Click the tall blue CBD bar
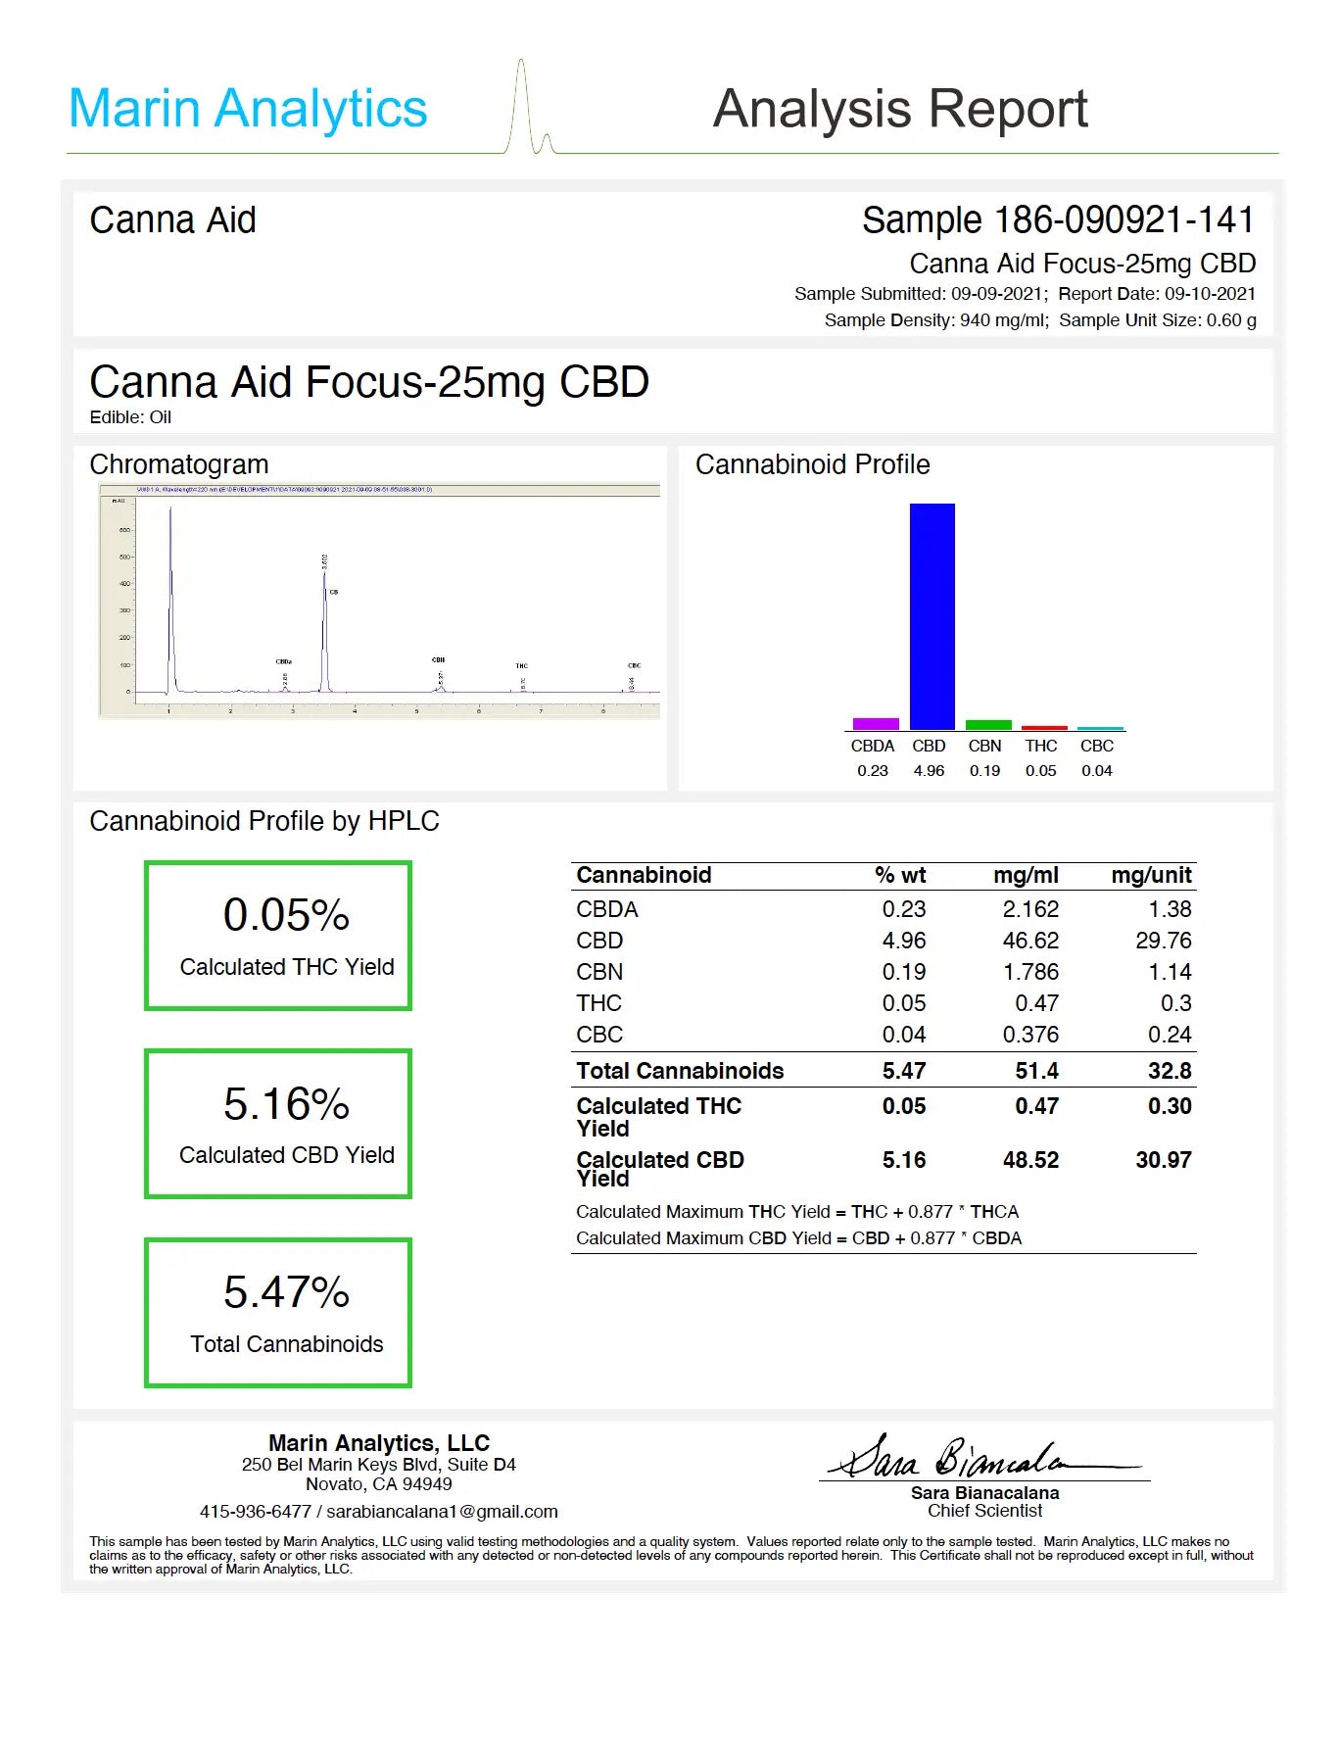click(x=932, y=616)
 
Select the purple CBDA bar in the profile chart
click(x=875, y=724)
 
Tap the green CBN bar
click(x=988, y=725)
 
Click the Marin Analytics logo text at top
click(x=248, y=109)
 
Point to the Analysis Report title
click(x=899, y=109)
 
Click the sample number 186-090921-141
click(x=1123, y=220)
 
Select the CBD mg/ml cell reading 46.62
click(x=1029, y=941)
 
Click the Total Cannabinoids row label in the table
click(x=680, y=1071)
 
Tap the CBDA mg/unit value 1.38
click(x=1170, y=909)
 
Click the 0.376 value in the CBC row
click(x=1029, y=1035)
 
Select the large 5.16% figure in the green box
click(x=286, y=1104)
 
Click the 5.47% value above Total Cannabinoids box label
click(x=286, y=1292)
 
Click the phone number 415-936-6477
click(x=255, y=1512)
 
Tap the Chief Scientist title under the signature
click(x=984, y=1511)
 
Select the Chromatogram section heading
click(x=179, y=464)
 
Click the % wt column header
click(x=899, y=875)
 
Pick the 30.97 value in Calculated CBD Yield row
click(x=1163, y=1160)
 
